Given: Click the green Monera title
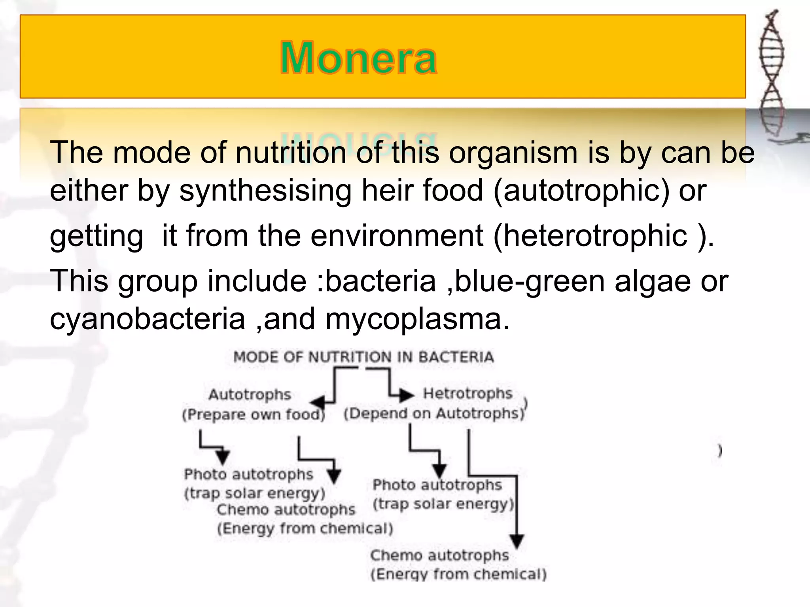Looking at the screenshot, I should [358, 58].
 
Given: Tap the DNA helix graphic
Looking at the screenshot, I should [771, 75].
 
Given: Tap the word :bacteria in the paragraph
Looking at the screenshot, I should [376, 281].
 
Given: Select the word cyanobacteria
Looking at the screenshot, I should [148, 319].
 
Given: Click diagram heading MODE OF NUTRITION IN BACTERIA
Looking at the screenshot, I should [363, 357].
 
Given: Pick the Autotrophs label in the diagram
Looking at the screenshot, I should [250, 394].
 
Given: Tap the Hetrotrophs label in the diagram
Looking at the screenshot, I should [467, 393].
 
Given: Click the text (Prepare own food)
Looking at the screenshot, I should [253, 415].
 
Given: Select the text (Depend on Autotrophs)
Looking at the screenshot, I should [434, 414].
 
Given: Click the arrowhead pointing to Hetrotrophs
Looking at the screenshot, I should [406, 395].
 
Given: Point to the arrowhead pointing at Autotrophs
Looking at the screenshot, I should [318, 403].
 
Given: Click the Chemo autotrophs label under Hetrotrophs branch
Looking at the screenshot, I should [439, 555].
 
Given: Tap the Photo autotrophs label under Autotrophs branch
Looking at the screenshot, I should [248, 474].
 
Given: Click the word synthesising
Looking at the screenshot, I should [265, 190].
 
